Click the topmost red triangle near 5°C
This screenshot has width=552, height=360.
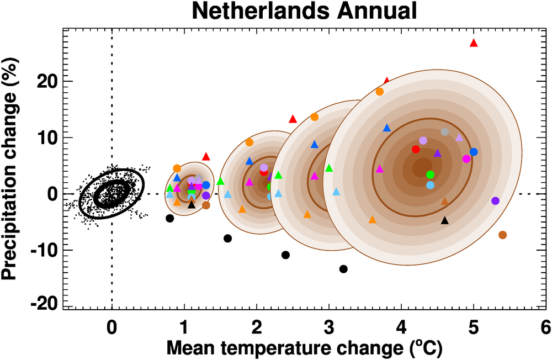coord(473,43)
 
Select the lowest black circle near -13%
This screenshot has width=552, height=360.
coord(343,269)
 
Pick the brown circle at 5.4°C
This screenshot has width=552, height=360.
coord(502,235)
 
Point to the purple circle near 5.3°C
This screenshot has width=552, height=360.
coord(495,200)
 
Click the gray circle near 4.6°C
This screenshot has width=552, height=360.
coord(445,132)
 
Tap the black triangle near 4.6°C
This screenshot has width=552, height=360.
coord(445,220)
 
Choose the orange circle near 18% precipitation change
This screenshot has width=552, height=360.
coord(380,92)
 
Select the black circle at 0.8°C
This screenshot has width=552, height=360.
coord(170,218)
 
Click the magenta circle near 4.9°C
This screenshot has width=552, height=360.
coord(466,159)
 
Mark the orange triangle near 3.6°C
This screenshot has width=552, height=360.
coord(372,220)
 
